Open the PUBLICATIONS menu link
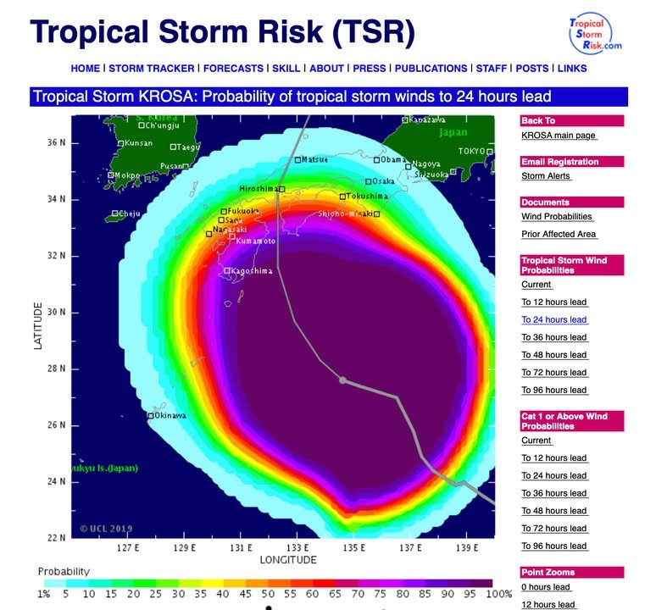pos(431,69)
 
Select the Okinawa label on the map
pos(170,416)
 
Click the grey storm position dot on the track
pos(342,380)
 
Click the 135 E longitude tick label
pos(353,548)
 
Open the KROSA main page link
pos(559,136)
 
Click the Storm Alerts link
pos(546,176)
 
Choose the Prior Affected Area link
pos(559,235)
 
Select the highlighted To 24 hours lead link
pos(553,320)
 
